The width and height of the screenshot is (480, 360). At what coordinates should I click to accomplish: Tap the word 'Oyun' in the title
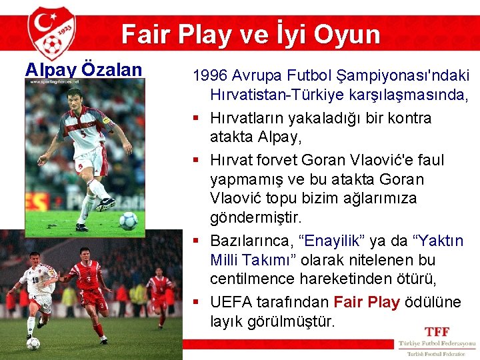[346, 34]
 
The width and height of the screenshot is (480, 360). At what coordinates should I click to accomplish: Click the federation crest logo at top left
[51, 33]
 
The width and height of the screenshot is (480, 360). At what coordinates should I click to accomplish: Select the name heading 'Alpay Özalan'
[83, 69]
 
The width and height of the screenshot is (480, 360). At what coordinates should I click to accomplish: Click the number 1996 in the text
[209, 75]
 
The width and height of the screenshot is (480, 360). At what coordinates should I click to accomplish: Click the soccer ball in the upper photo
[128, 220]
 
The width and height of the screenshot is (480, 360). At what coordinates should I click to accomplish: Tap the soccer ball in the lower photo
[33, 343]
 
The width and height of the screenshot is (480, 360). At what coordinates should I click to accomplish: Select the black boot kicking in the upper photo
[106, 203]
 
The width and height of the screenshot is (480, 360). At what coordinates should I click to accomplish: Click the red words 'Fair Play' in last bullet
[366, 302]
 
